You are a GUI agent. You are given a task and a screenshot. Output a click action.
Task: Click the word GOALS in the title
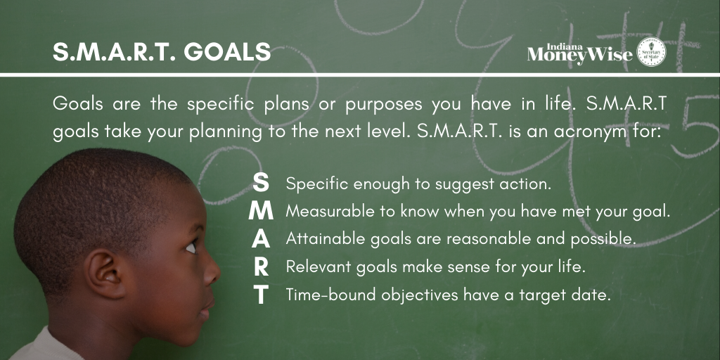227,52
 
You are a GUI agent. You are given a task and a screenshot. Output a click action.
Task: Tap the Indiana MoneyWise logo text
580,53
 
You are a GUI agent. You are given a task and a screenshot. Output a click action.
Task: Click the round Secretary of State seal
651,51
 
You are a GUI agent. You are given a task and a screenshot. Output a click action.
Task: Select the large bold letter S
262,183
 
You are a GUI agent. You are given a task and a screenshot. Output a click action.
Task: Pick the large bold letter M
261,211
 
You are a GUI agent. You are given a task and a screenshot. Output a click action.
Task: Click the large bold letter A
261,239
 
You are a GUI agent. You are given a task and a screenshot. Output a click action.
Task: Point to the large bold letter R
261,266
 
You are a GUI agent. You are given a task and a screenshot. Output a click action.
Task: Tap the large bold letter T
261,295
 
